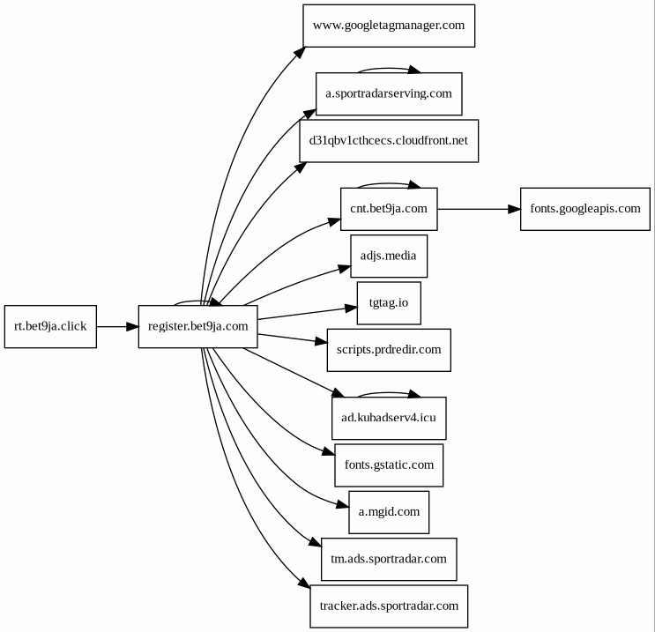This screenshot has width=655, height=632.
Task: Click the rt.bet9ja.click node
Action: (50, 327)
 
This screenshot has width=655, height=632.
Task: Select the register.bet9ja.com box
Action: (198, 327)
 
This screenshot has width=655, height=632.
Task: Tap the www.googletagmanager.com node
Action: (389, 26)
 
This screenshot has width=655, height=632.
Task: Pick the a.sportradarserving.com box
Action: (389, 94)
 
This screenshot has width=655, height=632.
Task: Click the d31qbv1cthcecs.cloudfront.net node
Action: (389, 141)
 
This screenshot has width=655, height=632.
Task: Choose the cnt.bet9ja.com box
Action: (389, 209)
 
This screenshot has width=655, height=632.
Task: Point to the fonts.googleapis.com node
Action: (585, 209)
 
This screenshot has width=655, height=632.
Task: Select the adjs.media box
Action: (389, 256)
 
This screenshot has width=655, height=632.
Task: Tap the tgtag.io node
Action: (389, 303)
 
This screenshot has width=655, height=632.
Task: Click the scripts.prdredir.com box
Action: (389, 350)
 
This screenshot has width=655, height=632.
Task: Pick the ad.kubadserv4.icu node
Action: (389, 418)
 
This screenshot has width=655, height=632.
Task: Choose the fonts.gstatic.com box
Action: (389, 465)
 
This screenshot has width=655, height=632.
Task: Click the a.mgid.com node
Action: (389, 512)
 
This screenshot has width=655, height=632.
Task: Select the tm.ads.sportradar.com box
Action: (389, 560)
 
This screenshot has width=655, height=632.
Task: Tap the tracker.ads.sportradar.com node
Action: (389, 606)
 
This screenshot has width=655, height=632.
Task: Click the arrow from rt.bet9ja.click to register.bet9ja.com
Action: (117, 327)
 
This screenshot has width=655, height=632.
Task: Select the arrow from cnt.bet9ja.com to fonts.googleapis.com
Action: (479, 209)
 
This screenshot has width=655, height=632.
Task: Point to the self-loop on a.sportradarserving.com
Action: (389, 69)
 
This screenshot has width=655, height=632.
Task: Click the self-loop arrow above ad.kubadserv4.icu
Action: (389, 393)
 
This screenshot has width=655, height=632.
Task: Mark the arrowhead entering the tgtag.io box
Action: (352, 309)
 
